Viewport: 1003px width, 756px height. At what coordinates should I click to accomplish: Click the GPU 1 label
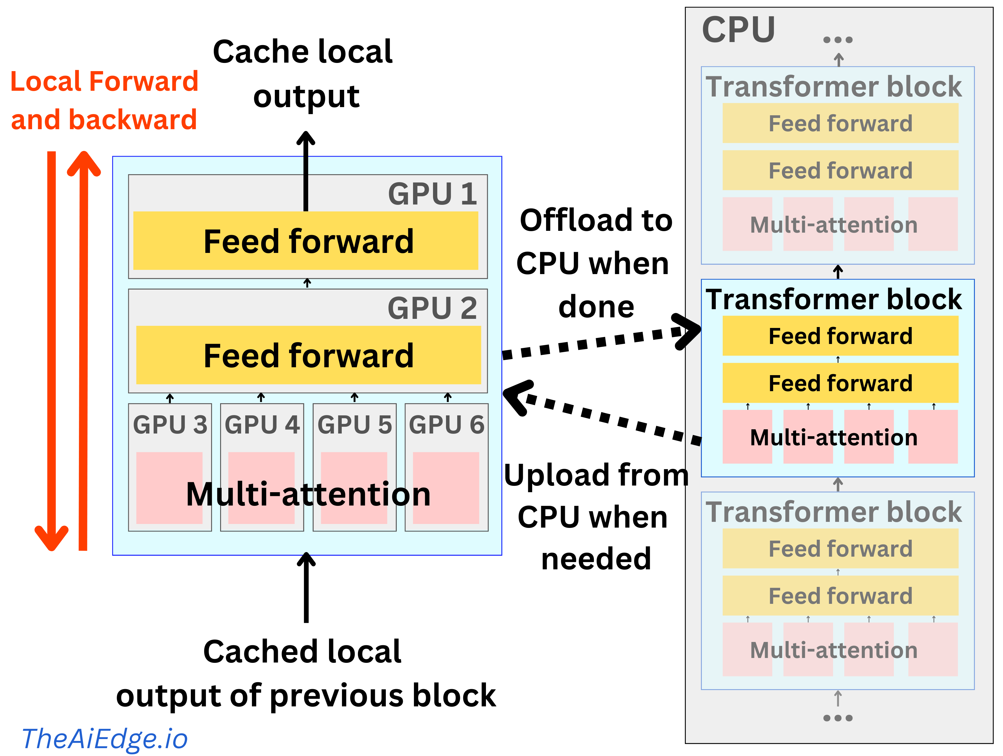pos(432,194)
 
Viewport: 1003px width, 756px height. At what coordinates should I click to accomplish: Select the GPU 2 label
pos(432,308)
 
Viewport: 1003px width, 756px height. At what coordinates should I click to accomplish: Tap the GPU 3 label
pos(170,425)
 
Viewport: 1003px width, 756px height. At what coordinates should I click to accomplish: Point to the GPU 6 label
pos(447,425)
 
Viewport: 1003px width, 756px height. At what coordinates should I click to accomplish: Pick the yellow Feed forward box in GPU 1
pos(306,241)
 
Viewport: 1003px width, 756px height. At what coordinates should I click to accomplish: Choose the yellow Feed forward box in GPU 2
pos(308,355)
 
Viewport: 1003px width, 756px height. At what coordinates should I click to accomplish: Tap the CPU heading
pos(738,30)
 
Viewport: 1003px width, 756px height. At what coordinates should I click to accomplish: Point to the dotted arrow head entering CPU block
pos(689,331)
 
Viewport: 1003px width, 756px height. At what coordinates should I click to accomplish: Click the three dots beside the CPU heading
pos(838,40)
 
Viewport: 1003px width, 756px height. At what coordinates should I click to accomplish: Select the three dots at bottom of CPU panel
pos(838,718)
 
